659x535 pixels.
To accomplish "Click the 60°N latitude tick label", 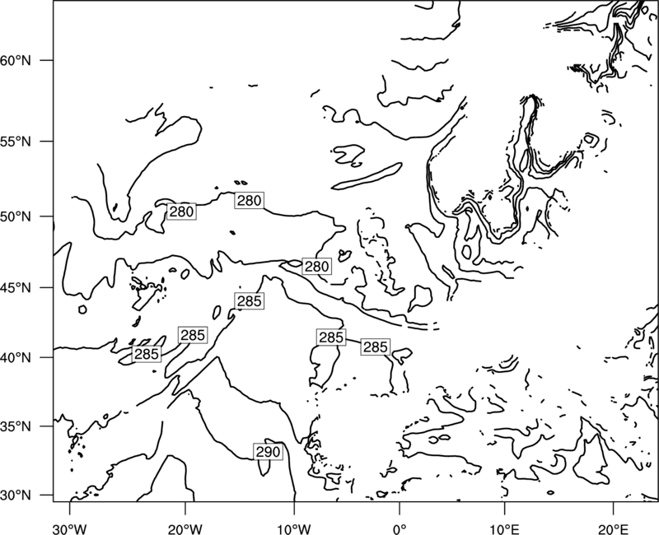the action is click(x=16, y=61).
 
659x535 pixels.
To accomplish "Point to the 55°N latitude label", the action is click(x=16, y=142).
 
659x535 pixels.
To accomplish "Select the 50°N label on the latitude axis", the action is click(x=16, y=216).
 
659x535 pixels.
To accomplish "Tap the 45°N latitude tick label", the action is click(x=16, y=288).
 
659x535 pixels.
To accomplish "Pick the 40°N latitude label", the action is click(x=16, y=358).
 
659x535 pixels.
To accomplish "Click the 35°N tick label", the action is click(x=16, y=426).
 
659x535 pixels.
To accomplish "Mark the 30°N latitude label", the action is click(x=16, y=495).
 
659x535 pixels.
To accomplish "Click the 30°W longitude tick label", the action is click(x=70, y=528).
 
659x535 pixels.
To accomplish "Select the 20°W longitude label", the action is click(x=185, y=528).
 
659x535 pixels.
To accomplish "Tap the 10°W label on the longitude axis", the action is click(x=294, y=528).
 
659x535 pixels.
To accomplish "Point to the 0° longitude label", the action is click(x=400, y=528).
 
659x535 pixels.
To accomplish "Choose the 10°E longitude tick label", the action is click(x=504, y=528).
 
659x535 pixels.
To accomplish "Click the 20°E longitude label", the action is click(x=613, y=528).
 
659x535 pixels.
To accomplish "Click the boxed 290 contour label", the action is click(x=268, y=452).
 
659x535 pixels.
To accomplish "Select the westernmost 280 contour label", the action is click(x=181, y=212).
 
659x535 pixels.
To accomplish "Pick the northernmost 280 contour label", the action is click(x=250, y=200).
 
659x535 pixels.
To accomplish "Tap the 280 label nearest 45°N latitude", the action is click(x=316, y=266).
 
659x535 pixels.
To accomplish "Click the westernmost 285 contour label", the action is click(x=147, y=354).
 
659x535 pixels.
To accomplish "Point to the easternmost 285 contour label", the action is click(x=376, y=347).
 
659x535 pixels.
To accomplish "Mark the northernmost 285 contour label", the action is click(x=250, y=301).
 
